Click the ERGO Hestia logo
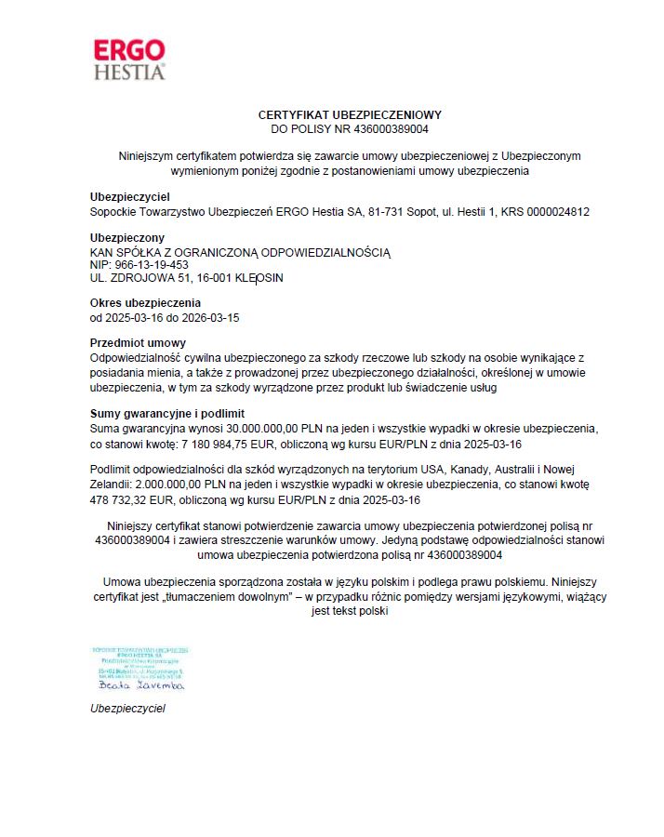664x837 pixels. pos(129,59)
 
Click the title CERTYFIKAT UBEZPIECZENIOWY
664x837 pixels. pos(349,114)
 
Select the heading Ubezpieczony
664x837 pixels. pos(126,238)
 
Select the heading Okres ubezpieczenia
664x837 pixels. pos(144,303)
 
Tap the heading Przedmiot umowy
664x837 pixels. pos(138,343)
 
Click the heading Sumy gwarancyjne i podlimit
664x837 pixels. pos(166,413)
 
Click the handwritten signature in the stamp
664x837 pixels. pos(140,685)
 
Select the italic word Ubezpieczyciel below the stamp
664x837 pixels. pos(127,709)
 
